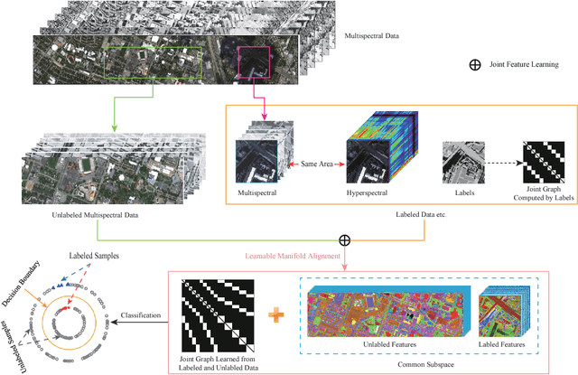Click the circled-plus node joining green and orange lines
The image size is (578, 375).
[x=344, y=241]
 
